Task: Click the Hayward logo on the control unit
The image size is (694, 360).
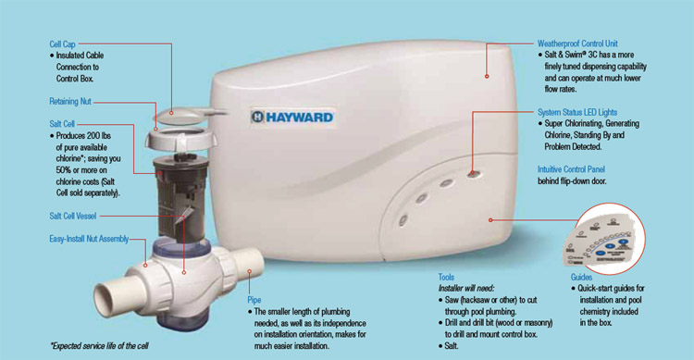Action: click(x=292, y=117)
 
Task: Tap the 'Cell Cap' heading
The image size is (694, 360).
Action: click(x=62, y=43)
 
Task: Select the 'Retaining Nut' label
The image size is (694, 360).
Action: click(x=70, y=102)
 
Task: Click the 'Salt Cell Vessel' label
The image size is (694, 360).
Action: click(x=72, y=216)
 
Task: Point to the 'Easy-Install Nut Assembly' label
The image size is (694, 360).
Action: click(x=89, y=239)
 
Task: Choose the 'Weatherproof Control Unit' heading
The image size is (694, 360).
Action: click(x=577, y=43)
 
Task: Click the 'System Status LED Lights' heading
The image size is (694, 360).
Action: click(x=577, y=112)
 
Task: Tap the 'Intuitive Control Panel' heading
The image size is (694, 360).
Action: click(x=571, y=169)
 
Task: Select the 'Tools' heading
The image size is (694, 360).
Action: click(x=446, y=278)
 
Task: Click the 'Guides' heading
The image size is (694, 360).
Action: click(x=581, y=278)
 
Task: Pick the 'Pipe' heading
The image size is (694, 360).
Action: click(x=254, y=300)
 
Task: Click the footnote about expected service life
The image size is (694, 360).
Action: click(x=99, y=346)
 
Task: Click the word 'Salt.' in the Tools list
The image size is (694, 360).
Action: click(x=452, y=346)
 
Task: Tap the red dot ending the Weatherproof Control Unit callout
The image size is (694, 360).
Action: click(x=487, y=76)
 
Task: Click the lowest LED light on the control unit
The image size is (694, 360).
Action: click(x=403, y=219)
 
